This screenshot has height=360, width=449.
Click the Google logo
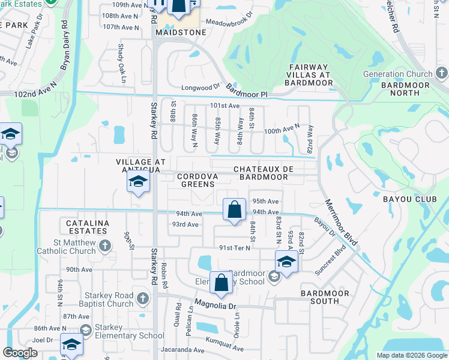tap(20, 353)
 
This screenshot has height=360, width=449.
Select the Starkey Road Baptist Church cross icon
tap(142, 298)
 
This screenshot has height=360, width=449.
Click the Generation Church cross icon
tap(441, 74)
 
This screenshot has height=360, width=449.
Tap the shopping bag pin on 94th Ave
tap(234, 209)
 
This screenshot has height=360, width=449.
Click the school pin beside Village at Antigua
tap(138, 182)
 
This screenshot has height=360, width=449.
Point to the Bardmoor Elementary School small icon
tap(274, 277)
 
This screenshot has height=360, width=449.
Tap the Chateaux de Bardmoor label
tap(264, 173)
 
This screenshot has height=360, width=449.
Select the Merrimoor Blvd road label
tap(341, 221)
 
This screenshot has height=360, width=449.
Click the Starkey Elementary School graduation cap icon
tap(86, 331)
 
